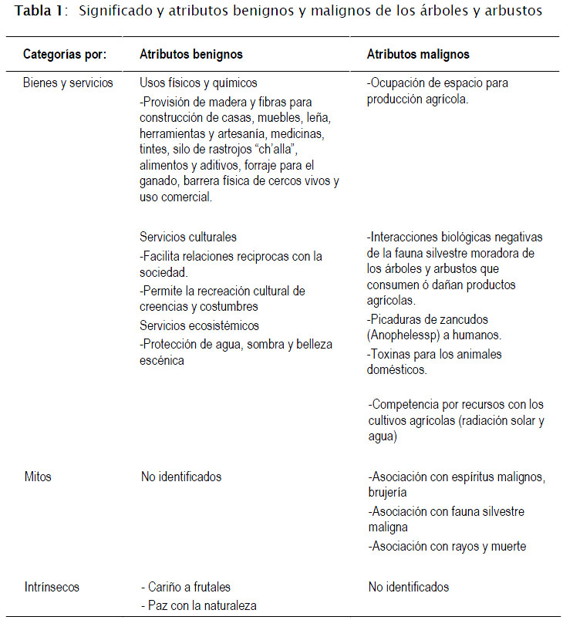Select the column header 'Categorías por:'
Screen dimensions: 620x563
[x=65, y=55]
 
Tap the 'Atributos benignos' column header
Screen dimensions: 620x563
[x=191, y=55]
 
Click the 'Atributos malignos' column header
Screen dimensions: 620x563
[x=418, y=55]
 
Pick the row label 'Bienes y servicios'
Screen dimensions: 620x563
[x=68, y=83]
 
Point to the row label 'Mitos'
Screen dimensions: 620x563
[x=38, y=477]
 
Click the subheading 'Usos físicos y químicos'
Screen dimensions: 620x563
[x=198, y=83]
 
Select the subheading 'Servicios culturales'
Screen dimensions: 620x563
[x=188, y=237]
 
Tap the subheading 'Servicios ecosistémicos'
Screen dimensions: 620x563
[x=199, y=325]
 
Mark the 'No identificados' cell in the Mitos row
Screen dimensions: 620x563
[x=181, y=477]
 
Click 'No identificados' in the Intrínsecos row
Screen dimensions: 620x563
[x=409, y=587]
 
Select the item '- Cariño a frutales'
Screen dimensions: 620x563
[x=186, y=587]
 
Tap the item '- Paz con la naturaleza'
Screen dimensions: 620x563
[x=198, y=605]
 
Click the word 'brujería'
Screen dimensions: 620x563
[x=387, y=492]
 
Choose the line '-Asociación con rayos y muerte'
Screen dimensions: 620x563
[x=447, y=546]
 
